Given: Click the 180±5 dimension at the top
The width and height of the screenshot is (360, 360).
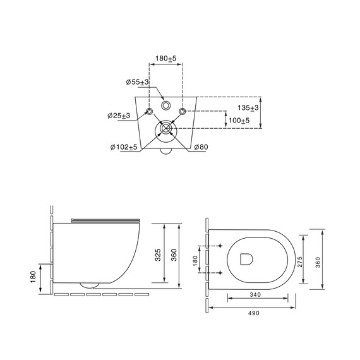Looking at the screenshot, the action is pyautogui.click(x=165, y=59).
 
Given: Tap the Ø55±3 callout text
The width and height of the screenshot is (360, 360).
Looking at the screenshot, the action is pyautogui.click(x=137, y=82).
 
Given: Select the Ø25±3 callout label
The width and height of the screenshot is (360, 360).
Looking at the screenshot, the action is pyautogui.click(x=119, y=116).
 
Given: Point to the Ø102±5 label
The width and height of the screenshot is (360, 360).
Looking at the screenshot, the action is pyautogui.click(x=124, y=147).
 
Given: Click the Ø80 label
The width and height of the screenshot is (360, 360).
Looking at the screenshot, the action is pyautogui.click(x=201, y=147).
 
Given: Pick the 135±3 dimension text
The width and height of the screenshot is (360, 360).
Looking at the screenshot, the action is pyautogui.click(x=248, y=107).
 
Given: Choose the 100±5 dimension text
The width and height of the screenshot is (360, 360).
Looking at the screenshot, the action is pyautogui.click(x=239, y=120).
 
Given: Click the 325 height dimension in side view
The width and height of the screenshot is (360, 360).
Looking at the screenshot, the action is pyautogui.click(x=158, y=255).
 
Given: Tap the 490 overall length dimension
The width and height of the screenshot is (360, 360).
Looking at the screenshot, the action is pyautogui.click(x=254, y=313).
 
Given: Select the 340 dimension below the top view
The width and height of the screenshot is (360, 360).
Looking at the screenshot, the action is pyautogui.click(x=255, y=294).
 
